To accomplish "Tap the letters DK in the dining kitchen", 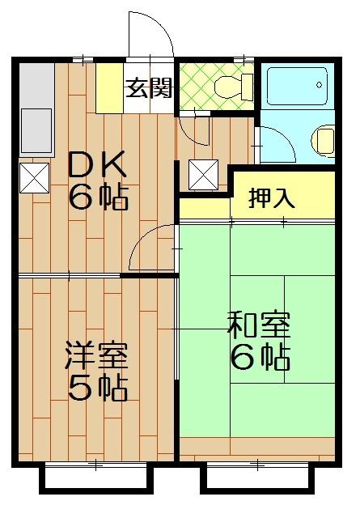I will coord(96,166).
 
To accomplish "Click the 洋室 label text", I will coord(96,355).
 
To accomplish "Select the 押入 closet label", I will coord(271,198).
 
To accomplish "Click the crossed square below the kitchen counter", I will coord(35,177).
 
